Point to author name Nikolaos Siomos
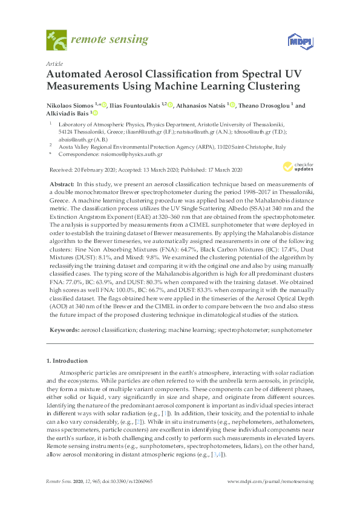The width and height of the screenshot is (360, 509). pyautogui.click(x=70, y=105)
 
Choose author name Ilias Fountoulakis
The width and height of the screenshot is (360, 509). pyautogui.click(x=137, y=105)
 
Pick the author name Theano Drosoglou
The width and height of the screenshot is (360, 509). pyautogui.click(x=266, y=105)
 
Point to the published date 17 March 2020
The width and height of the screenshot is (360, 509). pyautogui.click(x=221, y=169)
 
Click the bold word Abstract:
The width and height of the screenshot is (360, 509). pyautogui.click(x=62, y=183)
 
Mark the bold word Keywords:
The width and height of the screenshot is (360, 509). pyautogui.click(x=63, y=331)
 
